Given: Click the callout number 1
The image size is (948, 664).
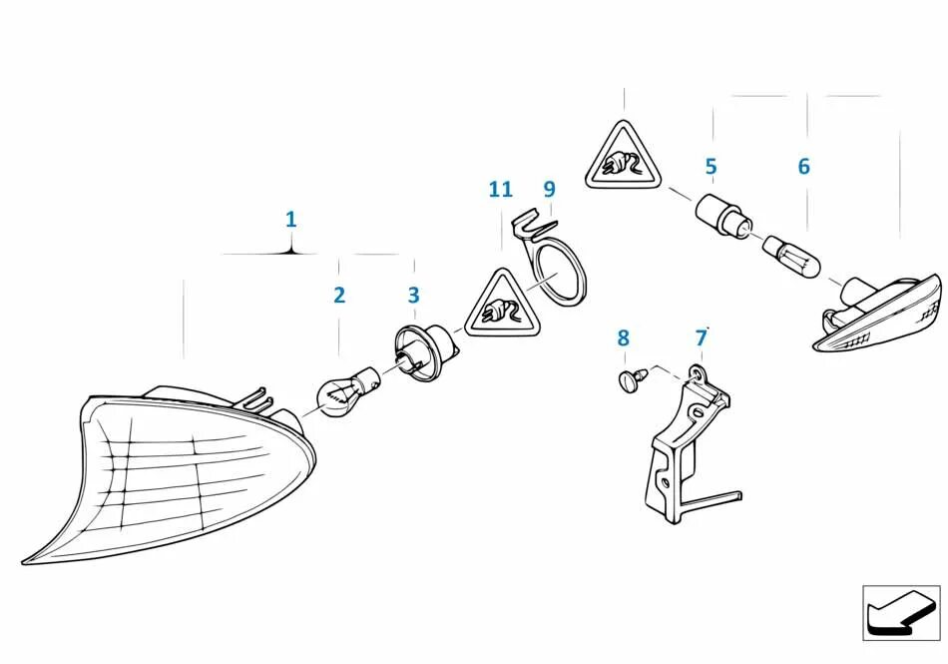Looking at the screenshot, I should [290, 219].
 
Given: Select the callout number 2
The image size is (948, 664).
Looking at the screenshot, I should [339, 295].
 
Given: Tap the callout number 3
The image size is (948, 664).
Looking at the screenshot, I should [413, 296].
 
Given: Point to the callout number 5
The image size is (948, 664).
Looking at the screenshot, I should [711, 167].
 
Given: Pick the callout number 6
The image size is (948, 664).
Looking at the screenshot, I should [803, 167].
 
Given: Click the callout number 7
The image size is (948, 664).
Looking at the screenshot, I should [702, 338].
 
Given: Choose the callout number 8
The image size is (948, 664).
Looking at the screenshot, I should [624, 338].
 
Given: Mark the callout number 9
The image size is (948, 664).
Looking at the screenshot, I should [549, 189].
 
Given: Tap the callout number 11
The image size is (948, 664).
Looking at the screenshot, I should [500, 189].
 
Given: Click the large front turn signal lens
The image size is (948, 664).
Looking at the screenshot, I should [180, 469].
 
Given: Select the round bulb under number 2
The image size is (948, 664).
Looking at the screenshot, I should [342, 391].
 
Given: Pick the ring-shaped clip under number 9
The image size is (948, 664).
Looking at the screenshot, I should [559, 270].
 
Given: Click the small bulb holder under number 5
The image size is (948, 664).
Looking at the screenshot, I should [720, 215].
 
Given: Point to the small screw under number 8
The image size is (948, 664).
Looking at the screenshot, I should [630, 378].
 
